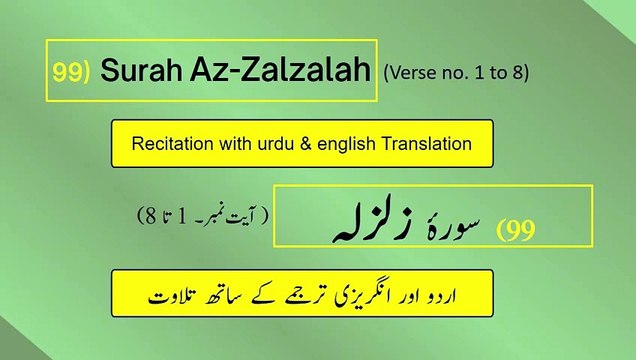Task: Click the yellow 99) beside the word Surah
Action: click(73, 72)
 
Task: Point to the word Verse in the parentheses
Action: click(410, 73)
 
